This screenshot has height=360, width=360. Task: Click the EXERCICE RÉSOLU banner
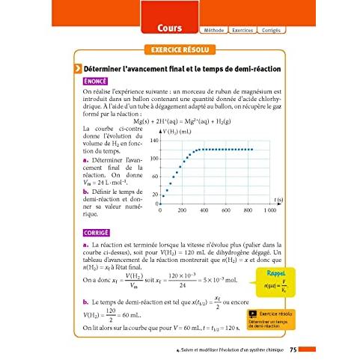pyautogui.click(x=180, y=50)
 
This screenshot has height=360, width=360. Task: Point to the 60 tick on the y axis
pyautogui.click(x=154, y=177)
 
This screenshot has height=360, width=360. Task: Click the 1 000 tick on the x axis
pyautogui.click(x=270, y=212)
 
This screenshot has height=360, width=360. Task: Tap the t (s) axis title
pyautogui.click(x=278, y=200)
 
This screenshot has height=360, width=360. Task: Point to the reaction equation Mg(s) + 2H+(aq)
pyautogui.click(x=180, y=121)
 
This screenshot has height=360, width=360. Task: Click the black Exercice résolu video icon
pyautogui.click(x=252, y=315)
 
